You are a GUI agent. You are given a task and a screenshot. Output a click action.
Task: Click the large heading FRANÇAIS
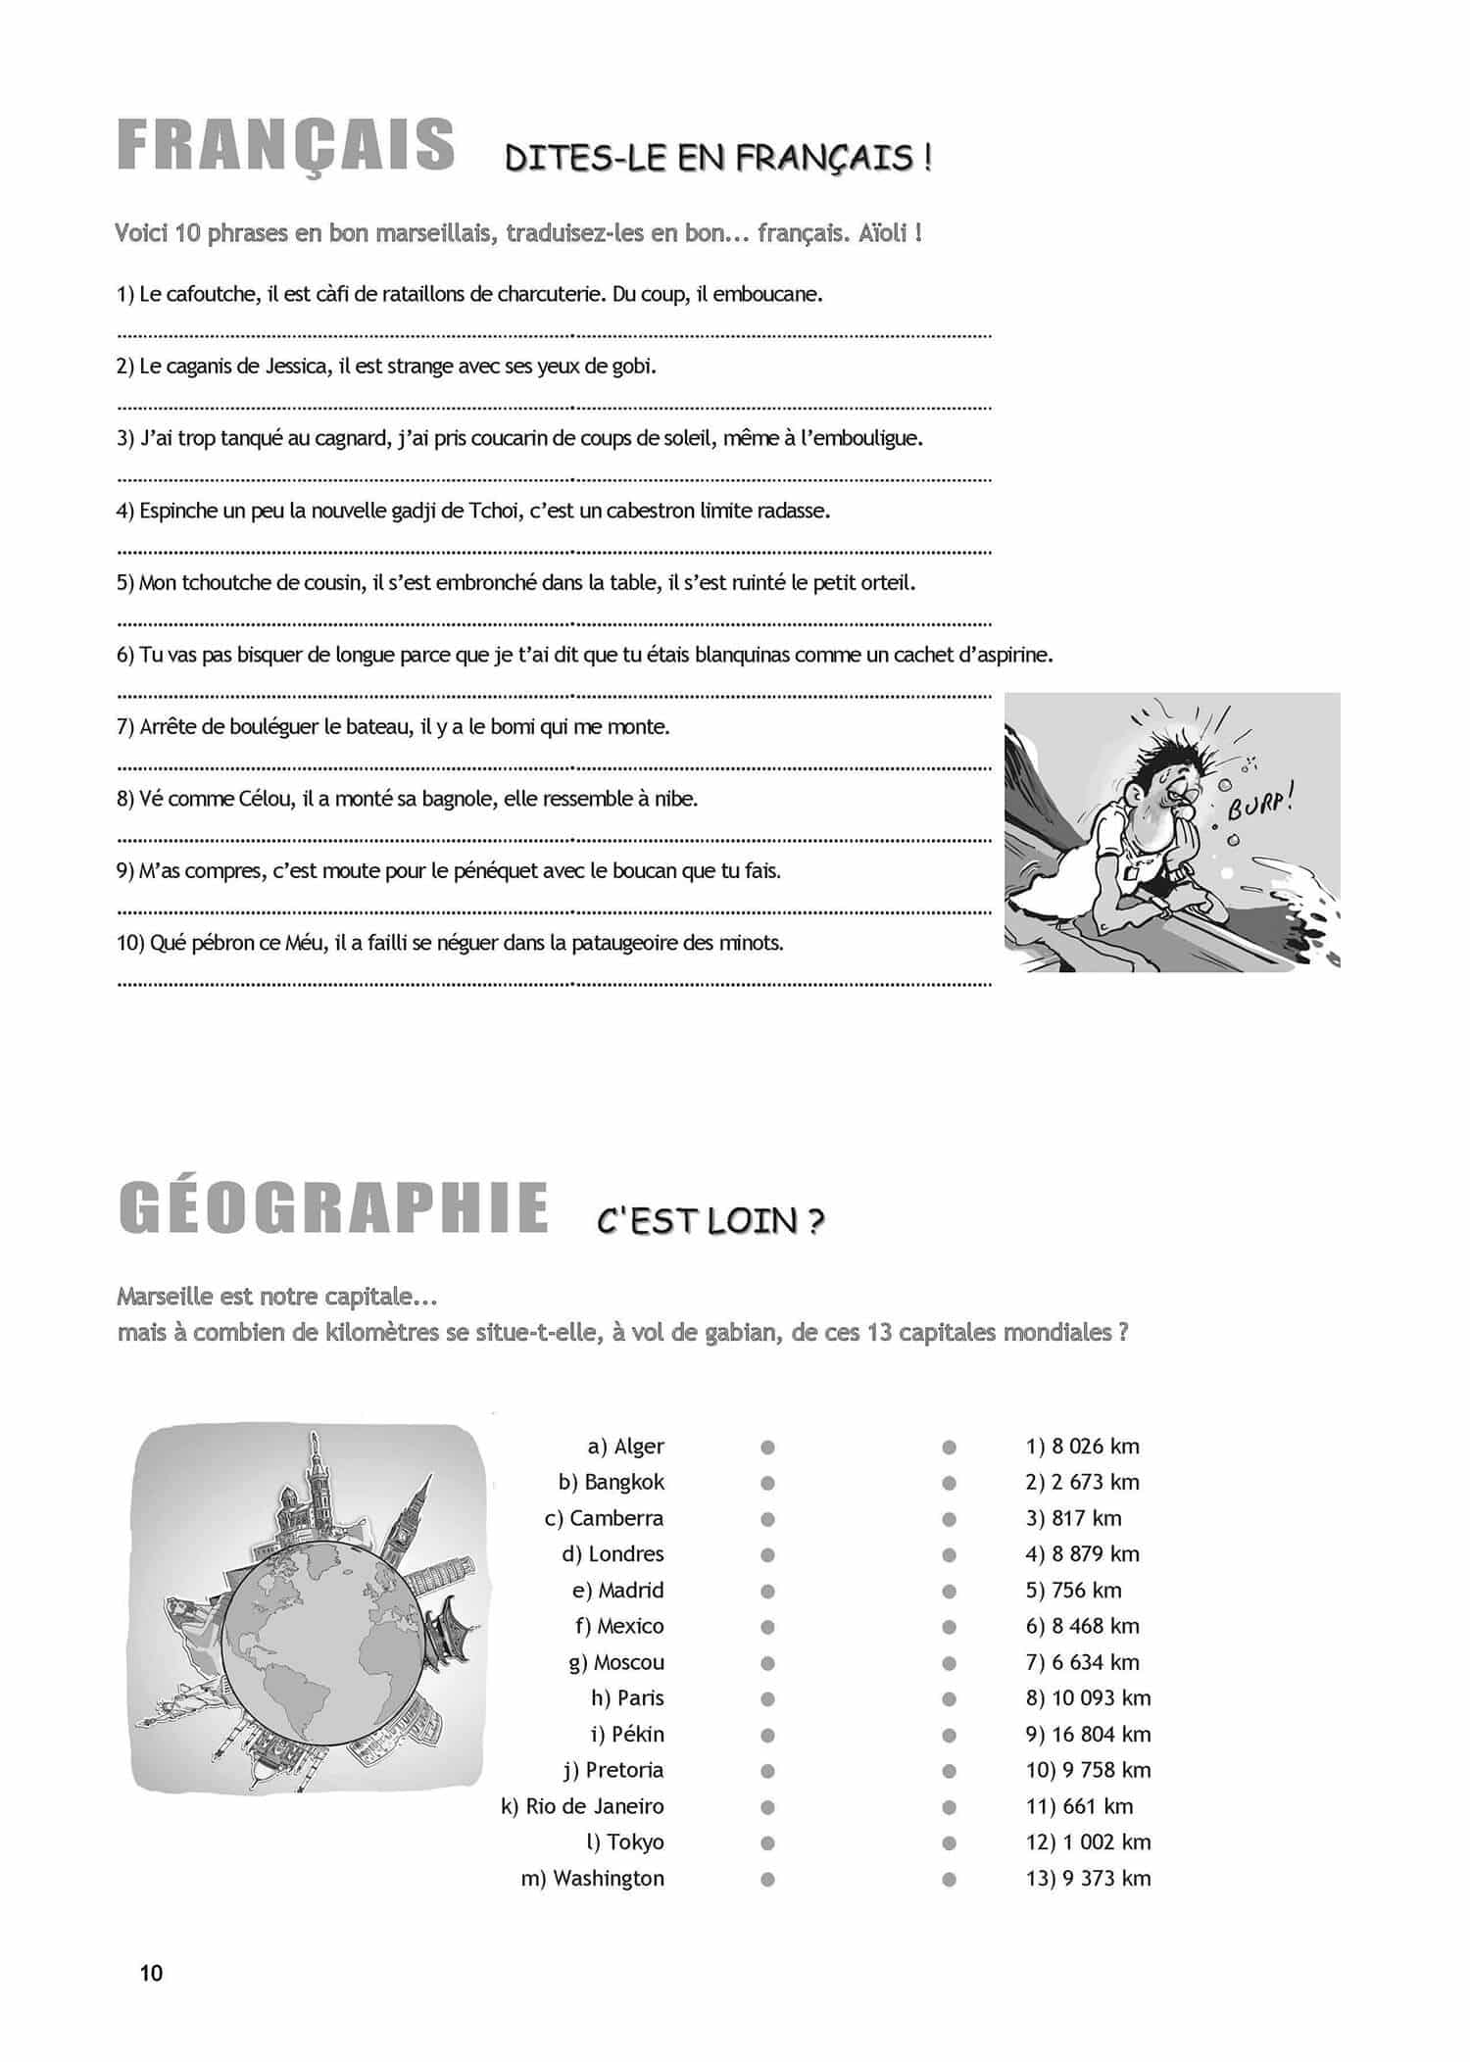coord(286,147)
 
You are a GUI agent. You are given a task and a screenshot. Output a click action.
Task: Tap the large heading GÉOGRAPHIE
coord(333,1208)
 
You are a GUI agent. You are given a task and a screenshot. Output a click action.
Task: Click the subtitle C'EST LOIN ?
coord(710,1221)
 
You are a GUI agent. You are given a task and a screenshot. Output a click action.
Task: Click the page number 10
coord(152,1973)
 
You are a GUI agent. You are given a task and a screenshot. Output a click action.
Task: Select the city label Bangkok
coord(623,1482)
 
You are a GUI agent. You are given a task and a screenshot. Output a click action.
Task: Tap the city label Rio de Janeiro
coord(594,1806)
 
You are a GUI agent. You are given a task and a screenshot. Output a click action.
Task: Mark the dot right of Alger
coord(767,1447)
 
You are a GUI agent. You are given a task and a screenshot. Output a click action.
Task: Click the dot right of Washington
coord(767,1879)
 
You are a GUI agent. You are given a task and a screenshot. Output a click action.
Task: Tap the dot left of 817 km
coord(949,1519)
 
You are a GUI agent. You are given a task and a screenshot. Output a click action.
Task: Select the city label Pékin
coord(637,1734)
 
